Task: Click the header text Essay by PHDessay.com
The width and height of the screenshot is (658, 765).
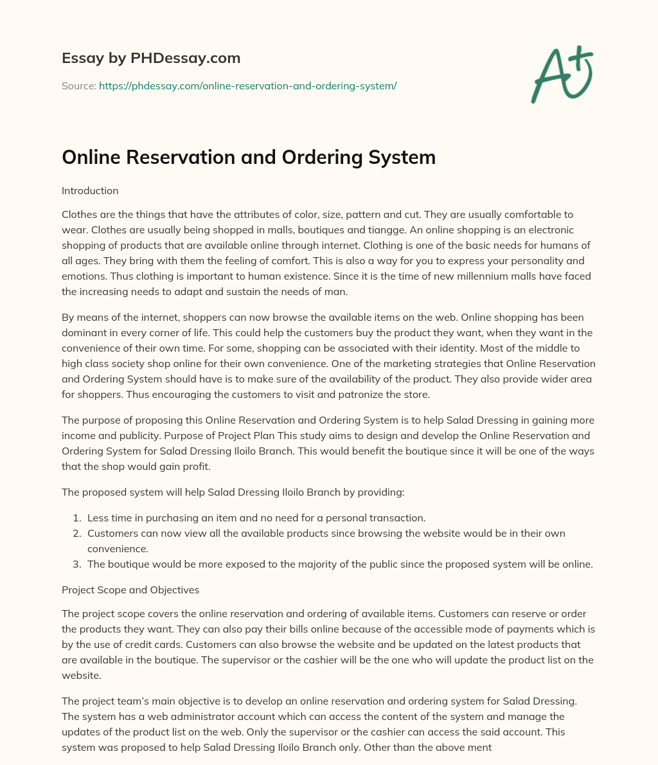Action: pyautogui.click(x=151, y=59)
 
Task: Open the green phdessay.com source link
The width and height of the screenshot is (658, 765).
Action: pyautogui.click(x=247, y=85)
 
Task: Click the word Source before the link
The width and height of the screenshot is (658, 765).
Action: pyautogui.click(x=78, y=85)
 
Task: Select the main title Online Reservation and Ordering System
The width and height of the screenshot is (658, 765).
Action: pyautogui.click(x=249, y=157)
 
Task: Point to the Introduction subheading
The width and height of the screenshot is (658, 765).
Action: pyautogui.click(x=90, y=191)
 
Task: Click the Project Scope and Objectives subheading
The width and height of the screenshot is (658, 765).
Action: pyautogui.click(x=130, y=589)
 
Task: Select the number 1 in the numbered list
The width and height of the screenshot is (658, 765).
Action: pyautogui.click(x=75, y=517)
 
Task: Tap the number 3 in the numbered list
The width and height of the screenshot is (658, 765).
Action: pyautogui.click(x=75, y=564)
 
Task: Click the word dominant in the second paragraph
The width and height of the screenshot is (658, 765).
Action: pyautogui.click(x=89, y=333)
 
